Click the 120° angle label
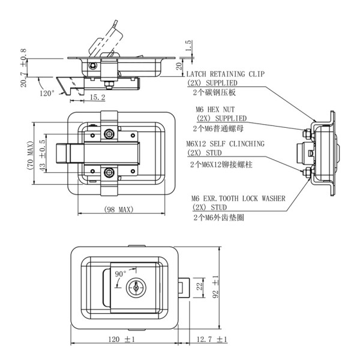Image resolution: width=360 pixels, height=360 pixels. coord(47,93)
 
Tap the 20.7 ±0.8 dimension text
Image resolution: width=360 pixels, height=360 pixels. coord(23,68)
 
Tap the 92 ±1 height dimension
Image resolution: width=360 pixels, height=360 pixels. coord(230,287)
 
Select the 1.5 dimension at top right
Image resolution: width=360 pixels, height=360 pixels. coord(188,46)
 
